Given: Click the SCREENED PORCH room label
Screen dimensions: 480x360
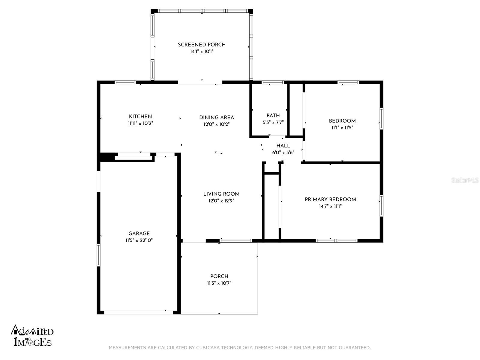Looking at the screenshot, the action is pyautogui.click(x=202, y=45).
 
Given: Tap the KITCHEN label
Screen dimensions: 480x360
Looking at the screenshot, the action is pyautogui.click(x=140, y=116).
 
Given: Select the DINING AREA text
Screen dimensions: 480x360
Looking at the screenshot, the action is pyautogui.click(x=217, y=117).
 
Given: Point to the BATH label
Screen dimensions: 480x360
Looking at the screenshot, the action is pyautogui.click(x=273, y=115).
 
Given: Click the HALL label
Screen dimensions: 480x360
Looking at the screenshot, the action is pyautogui.click(x=283, y=145).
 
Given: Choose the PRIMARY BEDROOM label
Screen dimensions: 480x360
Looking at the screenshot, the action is pyautogui.click(x=330, y=199).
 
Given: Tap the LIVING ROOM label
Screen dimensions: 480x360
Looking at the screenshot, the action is pyautogui.click(x=221, y=194).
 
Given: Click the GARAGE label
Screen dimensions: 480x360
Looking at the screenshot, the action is pyautogui.click(x=139, y=233).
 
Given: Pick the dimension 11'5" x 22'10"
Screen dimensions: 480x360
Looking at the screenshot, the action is pyautogui.click(x=139, y=240).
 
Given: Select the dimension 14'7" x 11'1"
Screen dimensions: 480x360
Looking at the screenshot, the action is pyautogui.click(x=330, y=206).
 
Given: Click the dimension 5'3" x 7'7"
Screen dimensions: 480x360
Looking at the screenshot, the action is pyautogui.click(x=273, y=122).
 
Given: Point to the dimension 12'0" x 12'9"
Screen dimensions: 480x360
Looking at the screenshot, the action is pyautogui.click(x=221, y=201).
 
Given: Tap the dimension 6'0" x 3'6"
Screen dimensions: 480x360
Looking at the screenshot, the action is pyautogui.click(x=283, y=152).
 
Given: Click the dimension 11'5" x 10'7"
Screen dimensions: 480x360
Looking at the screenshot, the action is pyautogui.click(x=219, y=283).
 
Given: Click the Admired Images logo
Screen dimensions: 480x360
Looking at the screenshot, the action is pyautogui.click(x=32, y=335).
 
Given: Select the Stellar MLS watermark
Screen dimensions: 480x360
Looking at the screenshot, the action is pyautogui.click(x=465, y=180).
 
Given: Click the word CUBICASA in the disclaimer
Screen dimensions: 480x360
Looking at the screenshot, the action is pyautogui.click(x=208, y=347).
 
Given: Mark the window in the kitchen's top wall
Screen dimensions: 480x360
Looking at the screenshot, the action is pyautogui.click(x=125, y=82).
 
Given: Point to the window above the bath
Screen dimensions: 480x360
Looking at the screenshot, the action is pyautogui.click(x=273, y=82).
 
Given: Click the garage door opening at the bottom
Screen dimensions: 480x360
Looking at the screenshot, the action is pyautogui.click(x=139, y=312).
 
